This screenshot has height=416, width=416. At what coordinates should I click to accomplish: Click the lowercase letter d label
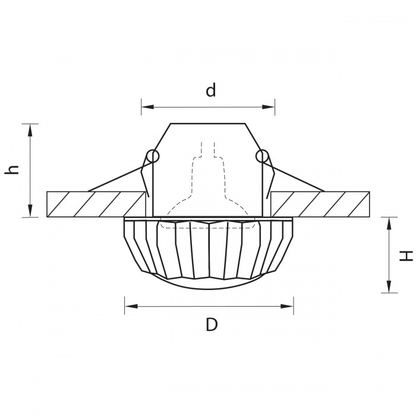pyautogui.click(x=211, y=90)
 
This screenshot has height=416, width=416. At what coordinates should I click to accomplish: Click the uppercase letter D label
pyautogui.click(x=212, y=324)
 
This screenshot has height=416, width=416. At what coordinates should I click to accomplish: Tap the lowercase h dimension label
pyautogui.click(x=12, y=169)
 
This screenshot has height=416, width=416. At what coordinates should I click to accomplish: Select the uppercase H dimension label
pyautogui.click(x=406, y=256)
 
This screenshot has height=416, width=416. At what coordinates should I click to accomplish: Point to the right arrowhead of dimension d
pyautogui.click(x=268, y=107)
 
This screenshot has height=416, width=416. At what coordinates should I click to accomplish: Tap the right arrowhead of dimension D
pyautogui.click(x=287, y=306)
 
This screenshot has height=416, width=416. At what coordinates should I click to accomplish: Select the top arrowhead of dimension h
pyautogui.click(x=30, y=130)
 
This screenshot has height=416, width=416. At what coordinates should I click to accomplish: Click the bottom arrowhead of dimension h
pyautogui.click(x=30, y=210)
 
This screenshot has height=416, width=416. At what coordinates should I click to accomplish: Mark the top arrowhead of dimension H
pyautogui.click(x=389, y=223)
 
